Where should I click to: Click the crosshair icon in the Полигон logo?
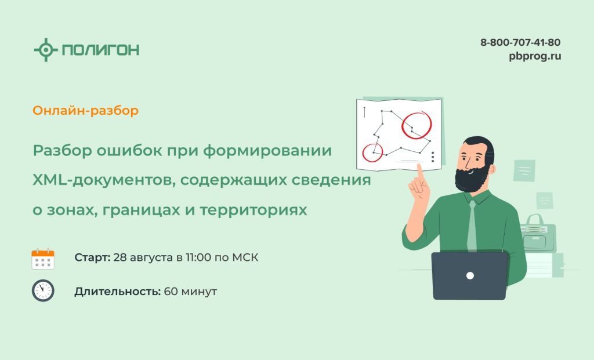46,50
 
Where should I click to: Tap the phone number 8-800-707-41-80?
520,42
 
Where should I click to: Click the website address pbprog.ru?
535,56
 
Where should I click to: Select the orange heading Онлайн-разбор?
86,111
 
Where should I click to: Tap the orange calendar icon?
43,259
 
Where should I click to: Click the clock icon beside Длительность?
43,291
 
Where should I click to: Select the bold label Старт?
92,257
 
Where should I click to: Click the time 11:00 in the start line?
198,257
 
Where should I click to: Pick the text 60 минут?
190,292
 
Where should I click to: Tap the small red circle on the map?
363,153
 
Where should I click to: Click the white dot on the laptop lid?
470,275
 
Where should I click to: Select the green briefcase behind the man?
538,235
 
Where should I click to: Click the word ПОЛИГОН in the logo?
100,50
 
